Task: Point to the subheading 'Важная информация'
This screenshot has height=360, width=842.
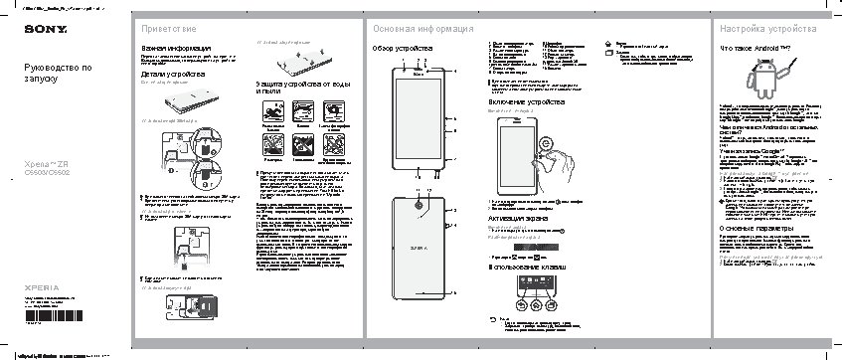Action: tap(175, 48)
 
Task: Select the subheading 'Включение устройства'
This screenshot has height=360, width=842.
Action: tap(533, 103)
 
